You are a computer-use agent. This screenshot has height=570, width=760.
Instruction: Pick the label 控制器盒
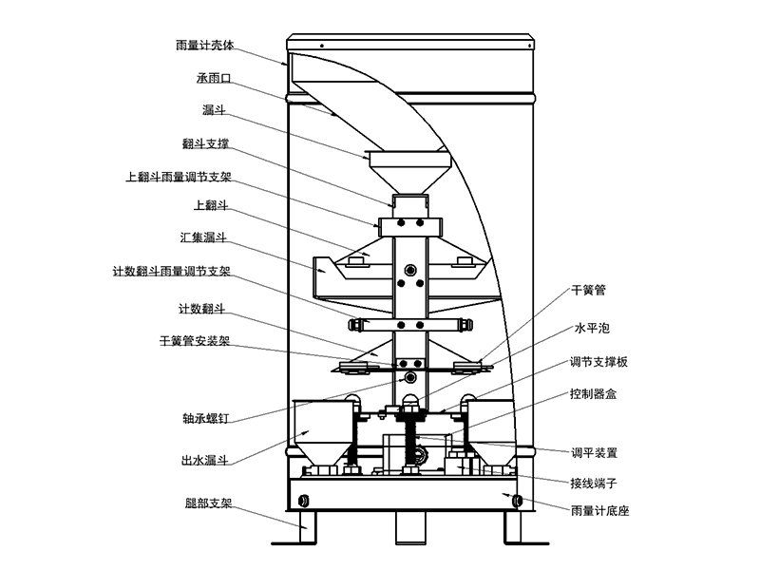[593, 392]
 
